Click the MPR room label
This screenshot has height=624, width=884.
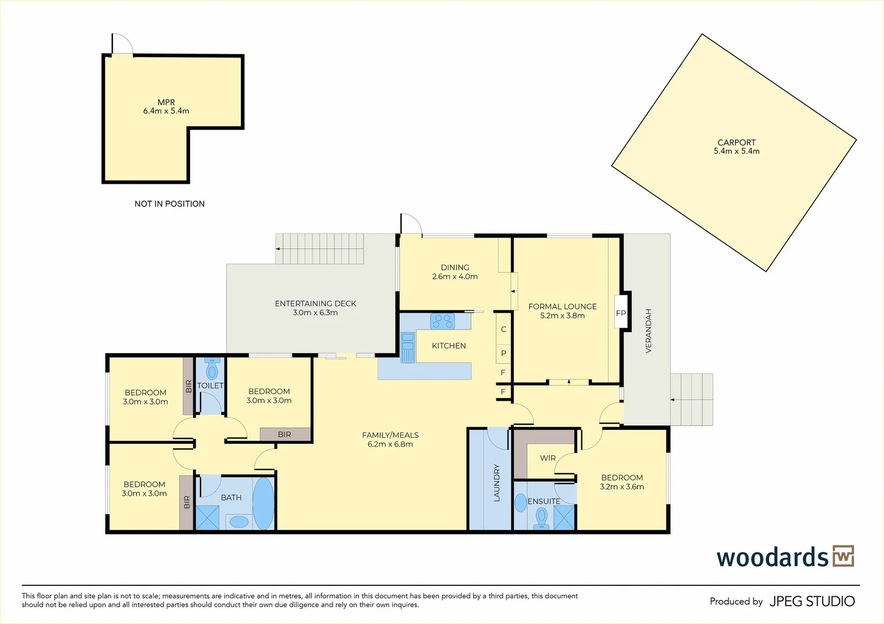(x=166, y=102)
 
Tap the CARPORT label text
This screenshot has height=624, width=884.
(x=737, y=143)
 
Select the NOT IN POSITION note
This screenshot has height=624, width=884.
(x=170, y=203)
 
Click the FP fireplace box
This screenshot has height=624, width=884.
(x=621, y=313)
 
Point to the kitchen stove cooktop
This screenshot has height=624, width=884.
(x=443, y=321)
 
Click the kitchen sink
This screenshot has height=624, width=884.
(x=408, y=347)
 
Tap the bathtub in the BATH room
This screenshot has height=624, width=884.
(x=263, y=504)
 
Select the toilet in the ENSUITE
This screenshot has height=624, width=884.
(x=541, y=518)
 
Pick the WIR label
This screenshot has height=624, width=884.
(x=548, y=458)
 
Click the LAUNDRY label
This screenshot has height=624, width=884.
(x=497, y=482)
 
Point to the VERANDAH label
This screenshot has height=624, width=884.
(x=648, y=330)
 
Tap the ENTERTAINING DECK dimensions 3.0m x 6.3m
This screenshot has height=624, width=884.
(x=315, y=313)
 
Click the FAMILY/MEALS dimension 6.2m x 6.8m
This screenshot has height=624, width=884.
(x=390, y=444)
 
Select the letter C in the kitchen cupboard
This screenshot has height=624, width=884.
(x=504, y=329)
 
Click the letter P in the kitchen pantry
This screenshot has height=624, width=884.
(x=504, y=353)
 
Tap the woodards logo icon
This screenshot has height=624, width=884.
(x=844, y=556)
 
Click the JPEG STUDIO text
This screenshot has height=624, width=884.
(x=812, y=601)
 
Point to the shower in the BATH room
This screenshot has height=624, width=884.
(x=207, y=518)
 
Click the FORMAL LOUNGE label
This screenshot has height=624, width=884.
(x=562, y=306)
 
